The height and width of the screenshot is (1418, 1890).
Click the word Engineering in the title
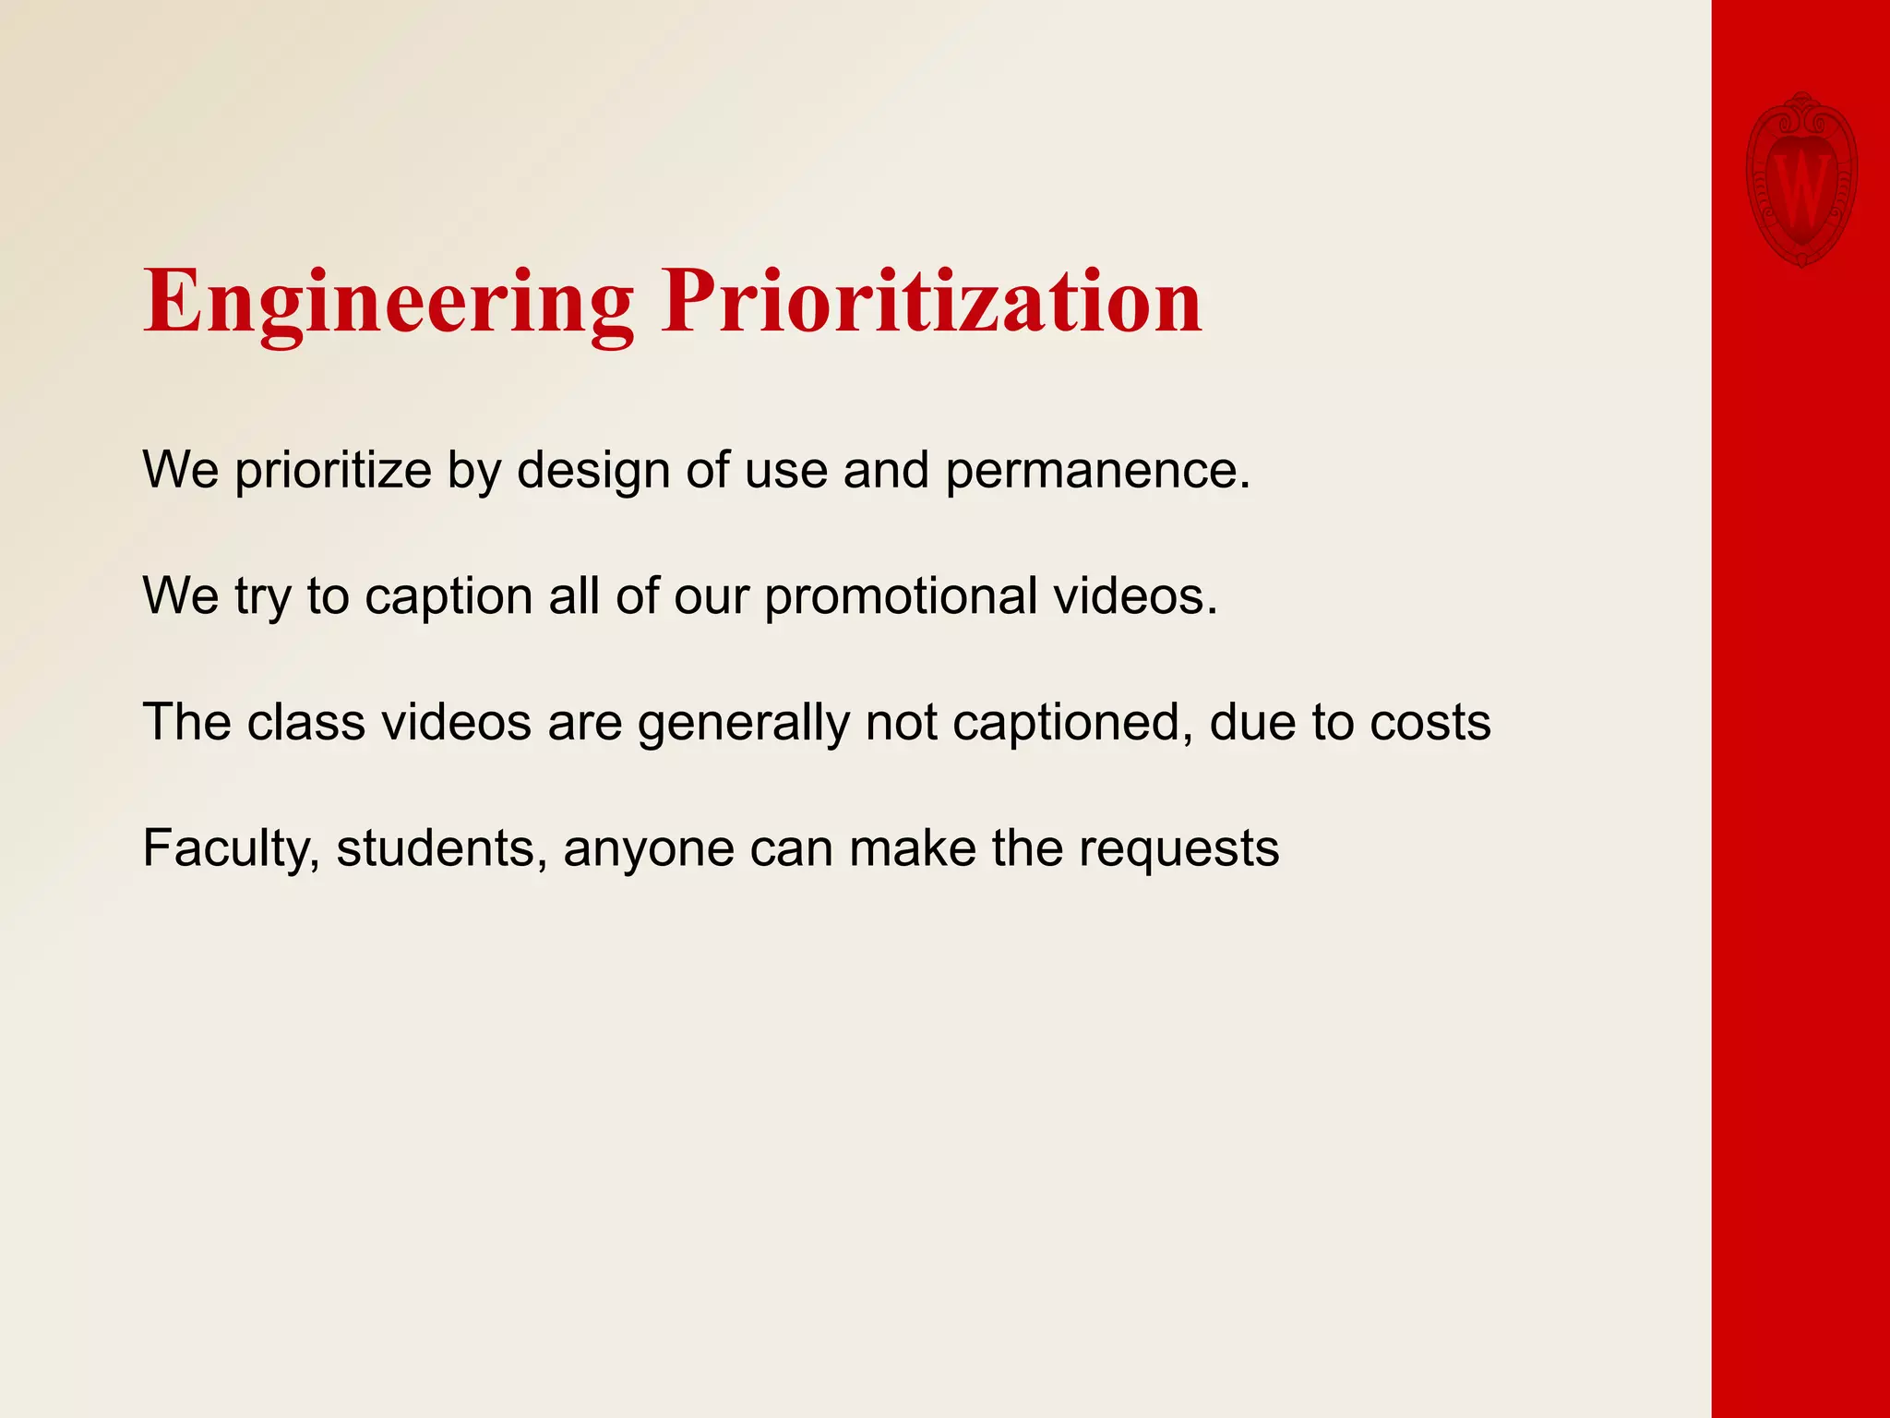pos(389,303)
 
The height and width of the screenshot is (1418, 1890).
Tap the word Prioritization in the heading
pos(931,303)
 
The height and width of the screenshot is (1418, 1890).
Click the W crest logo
pos(1800,181)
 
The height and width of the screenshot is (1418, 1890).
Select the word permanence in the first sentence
pos(1097,471)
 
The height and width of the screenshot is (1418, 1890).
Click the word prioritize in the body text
pos(333,471)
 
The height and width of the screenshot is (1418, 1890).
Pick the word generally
pos(743,724)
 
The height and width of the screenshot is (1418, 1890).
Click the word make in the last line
pos(912,847)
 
